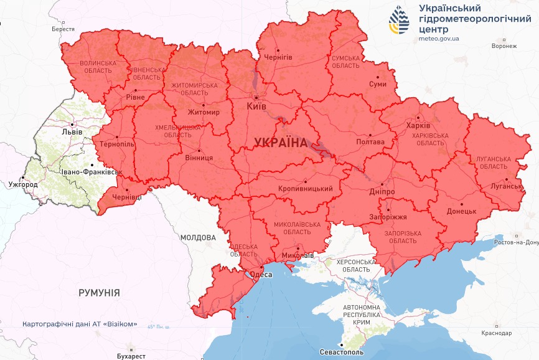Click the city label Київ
click(256, 107)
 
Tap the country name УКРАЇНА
click(281, 143)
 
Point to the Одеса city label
click(261, 275)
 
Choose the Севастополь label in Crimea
click(342, 353)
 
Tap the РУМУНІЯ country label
click(99, 292)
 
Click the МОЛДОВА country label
click(198, 237)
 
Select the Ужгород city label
click(23, 185)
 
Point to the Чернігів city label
click(278, 57)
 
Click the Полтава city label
click(370, 141)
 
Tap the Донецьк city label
click(461, 211)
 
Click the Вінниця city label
click(199, 158)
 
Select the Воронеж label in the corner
click(504, 46)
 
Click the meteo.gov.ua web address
click(439, 39)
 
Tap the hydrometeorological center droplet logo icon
click(399, 20)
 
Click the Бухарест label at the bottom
click(131, 356)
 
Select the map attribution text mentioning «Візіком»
click(79, 325)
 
